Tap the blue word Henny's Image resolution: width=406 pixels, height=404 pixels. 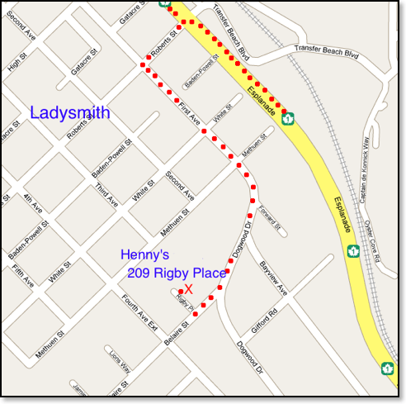click(144, 254)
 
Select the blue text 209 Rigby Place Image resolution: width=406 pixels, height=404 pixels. click(177, 273)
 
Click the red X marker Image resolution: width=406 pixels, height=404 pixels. click(189, 288)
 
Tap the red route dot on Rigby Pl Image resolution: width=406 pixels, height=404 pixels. click(181, 292)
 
